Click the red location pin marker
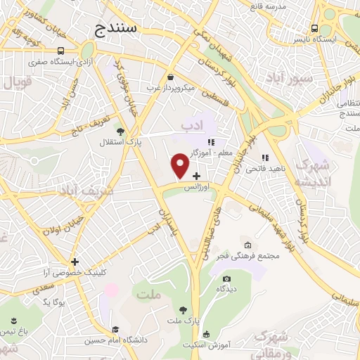tap(180, 166)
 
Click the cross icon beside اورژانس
tap(196, 175)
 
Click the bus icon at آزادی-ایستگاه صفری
tap(62, 51)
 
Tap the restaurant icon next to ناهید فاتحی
tap(265, 157)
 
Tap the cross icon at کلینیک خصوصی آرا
tap(75, 262)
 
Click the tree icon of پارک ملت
tap(183, 309)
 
